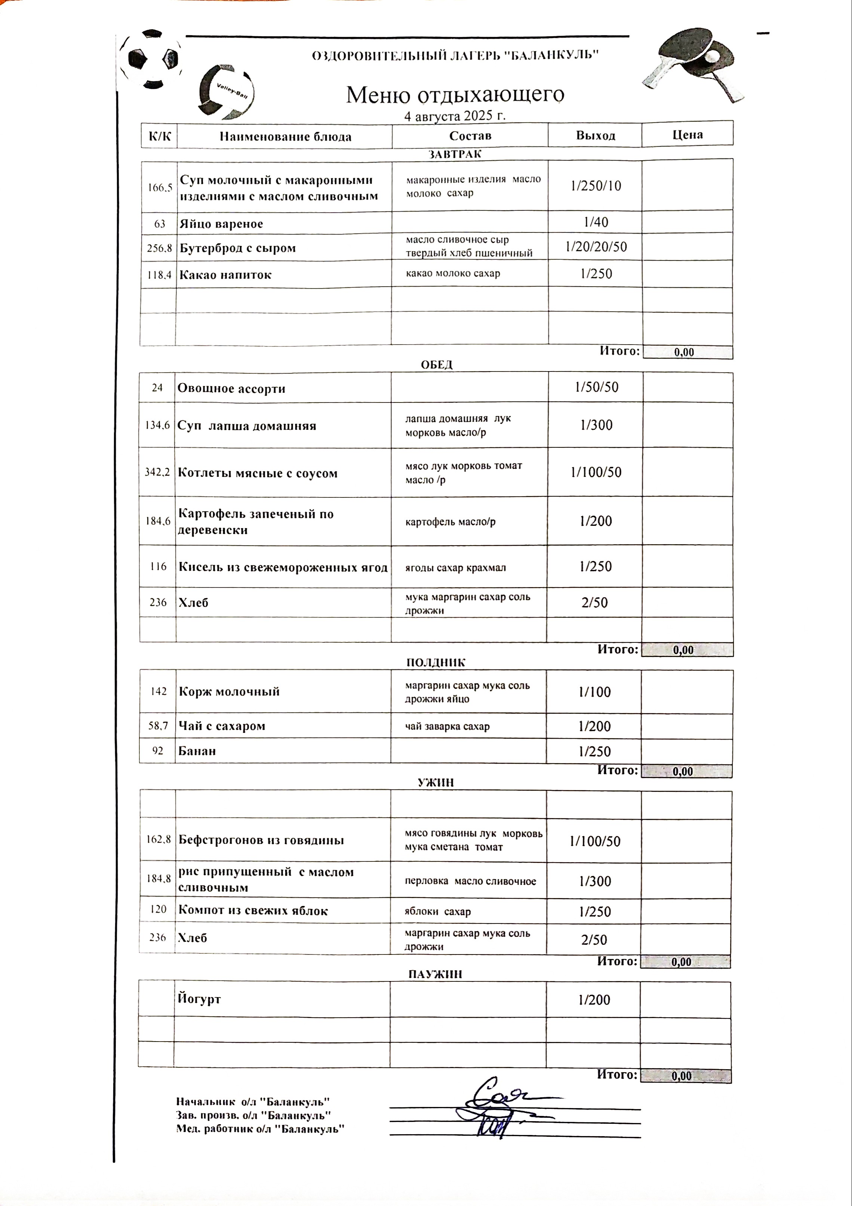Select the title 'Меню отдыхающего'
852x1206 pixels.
pyautogui.click(x=455, y=95)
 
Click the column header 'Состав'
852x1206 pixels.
pyautogui.click(x=470, y=136)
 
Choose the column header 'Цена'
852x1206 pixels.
pyautogui.click(x=687, y=135)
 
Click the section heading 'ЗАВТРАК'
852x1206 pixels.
pyautogui.click(x=455, y=154)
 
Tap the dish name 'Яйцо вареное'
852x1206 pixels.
pyautogui.click(x=221, y=224)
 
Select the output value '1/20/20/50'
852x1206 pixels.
pyautogui.click(x=596, y=247)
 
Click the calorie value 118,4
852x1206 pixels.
pyautogui.click(x=159, y=275)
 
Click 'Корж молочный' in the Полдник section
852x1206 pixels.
pyautogui.click(x=229, y=692)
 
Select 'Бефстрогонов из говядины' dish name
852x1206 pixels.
pyautogui.click(x=261, y=840)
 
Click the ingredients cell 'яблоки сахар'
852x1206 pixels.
pyautogui.click(x=437, y=912)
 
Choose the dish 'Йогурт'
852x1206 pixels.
pyautogui.click(x=199, y=999)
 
